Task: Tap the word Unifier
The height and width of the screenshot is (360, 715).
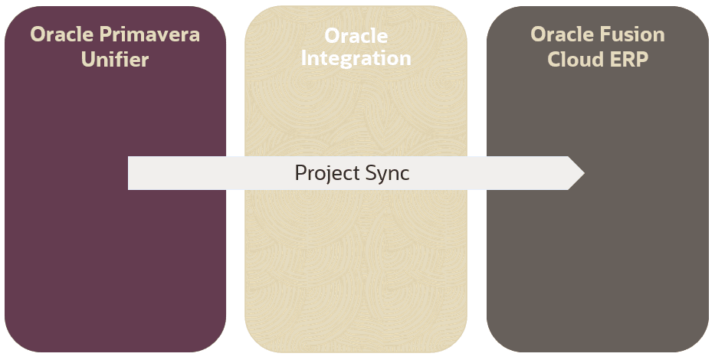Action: [x=115, y=59]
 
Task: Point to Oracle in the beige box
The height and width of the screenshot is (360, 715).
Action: [x=356, y=36]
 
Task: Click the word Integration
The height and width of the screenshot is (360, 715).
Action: [x=356, y=58]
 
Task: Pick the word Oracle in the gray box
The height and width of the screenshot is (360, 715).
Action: [x=560, y=34]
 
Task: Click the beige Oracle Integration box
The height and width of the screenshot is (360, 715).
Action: [x=356, y=260]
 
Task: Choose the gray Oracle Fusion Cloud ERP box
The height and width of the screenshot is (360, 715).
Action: [x=598, y=260]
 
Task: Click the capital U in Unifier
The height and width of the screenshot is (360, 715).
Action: [x=88, y=59]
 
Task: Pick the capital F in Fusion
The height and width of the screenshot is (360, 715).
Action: [x=602, y=34]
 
